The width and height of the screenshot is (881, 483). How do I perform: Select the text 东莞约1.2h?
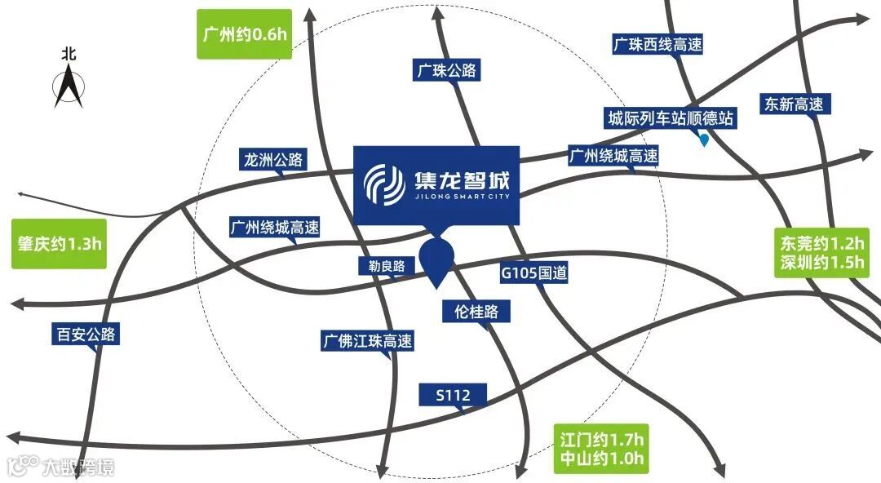(x=821, y=243)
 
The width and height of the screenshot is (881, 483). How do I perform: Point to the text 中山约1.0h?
(x=603, y=459)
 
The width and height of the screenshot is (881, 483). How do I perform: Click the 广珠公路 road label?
(x=445, y=71)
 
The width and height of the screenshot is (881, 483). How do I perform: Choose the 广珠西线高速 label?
(x=657, y=45)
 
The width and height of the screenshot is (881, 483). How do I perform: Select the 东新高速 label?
(x=793, y=104)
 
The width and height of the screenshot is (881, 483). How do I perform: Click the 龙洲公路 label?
(x=273, y=159)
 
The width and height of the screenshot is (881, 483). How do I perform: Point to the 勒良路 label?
(x=387, y=265)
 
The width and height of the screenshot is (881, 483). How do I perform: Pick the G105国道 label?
(x=534, y=273)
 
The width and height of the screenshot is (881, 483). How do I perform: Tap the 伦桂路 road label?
(x=476, y=311)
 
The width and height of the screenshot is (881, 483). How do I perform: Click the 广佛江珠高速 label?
(x=367, y=340)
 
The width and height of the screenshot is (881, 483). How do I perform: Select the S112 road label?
(x=454, y=396)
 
